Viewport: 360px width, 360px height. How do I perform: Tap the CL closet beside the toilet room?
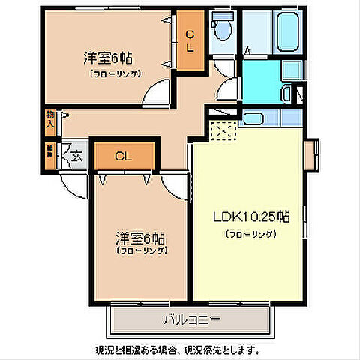pyautogui.click(x=190, y=42)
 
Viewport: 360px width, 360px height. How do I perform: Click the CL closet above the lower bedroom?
pyautogui.click(x=124, y=157)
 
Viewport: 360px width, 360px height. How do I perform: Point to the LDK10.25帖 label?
pyautogui.click(x=250, y=217)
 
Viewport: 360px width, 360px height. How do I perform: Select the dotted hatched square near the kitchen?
pyautogui.click(x=224, y=133)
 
